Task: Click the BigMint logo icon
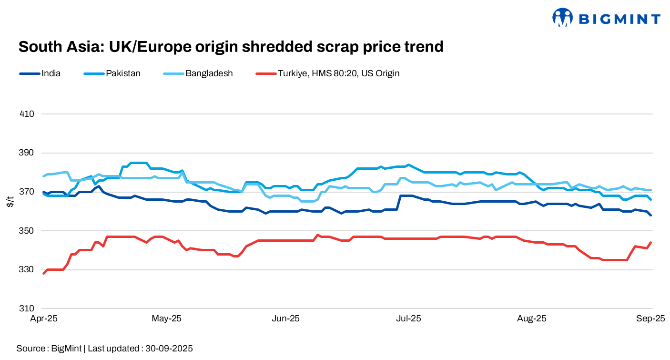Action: coord(562,18)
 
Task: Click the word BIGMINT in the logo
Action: coord(619,19)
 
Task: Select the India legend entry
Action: coord(51,73)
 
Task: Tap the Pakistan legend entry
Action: coord(123,73)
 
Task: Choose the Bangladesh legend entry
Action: coord(209,73)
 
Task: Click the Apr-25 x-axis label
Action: coord(44,319)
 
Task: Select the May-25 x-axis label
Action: coord(166,319)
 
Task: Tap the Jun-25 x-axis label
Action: coord(285,319)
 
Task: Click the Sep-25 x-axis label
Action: coord(651,319)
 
